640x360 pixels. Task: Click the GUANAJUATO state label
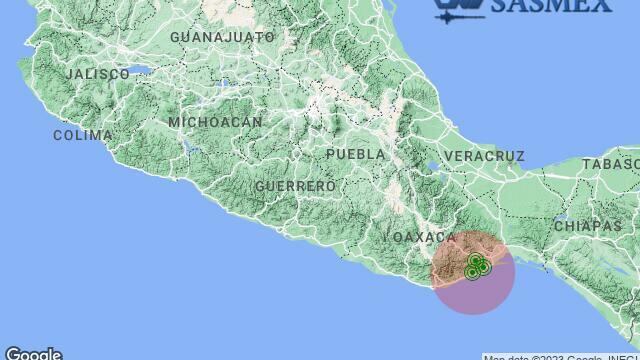[x=222, y=37]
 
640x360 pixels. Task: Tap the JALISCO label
[x=97, y=74]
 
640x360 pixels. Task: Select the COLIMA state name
[x=82, y=135]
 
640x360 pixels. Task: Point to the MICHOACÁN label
[x=215, y=122]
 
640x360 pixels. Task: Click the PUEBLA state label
[x=355, y=154]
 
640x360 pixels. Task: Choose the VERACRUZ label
[x=483, y=156]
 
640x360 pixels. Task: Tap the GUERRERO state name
[x=295, y=186]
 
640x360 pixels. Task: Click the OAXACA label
[x=425, y=237]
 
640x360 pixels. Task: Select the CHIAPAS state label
[x=587, y=226]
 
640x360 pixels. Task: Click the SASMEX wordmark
[x=550, y=6]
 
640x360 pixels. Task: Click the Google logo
[x=33, y=353]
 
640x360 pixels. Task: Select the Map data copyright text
[x=560, y=356]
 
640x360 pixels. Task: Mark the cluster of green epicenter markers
[x=477, y=266]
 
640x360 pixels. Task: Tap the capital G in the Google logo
[x=11, y=353]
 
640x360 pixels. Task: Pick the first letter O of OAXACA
[x=398, y=237]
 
